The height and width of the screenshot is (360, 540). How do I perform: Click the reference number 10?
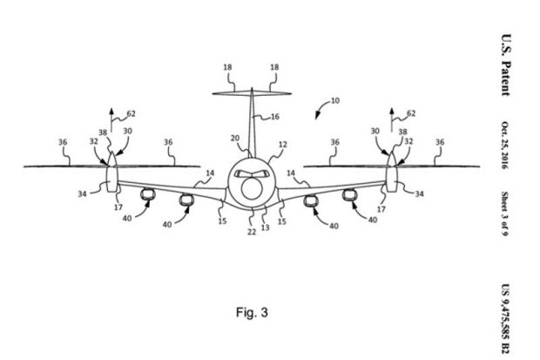coord(335,101)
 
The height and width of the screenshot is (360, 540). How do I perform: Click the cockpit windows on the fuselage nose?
coord(252,173)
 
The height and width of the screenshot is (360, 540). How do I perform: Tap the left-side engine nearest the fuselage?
coord(186,201)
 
